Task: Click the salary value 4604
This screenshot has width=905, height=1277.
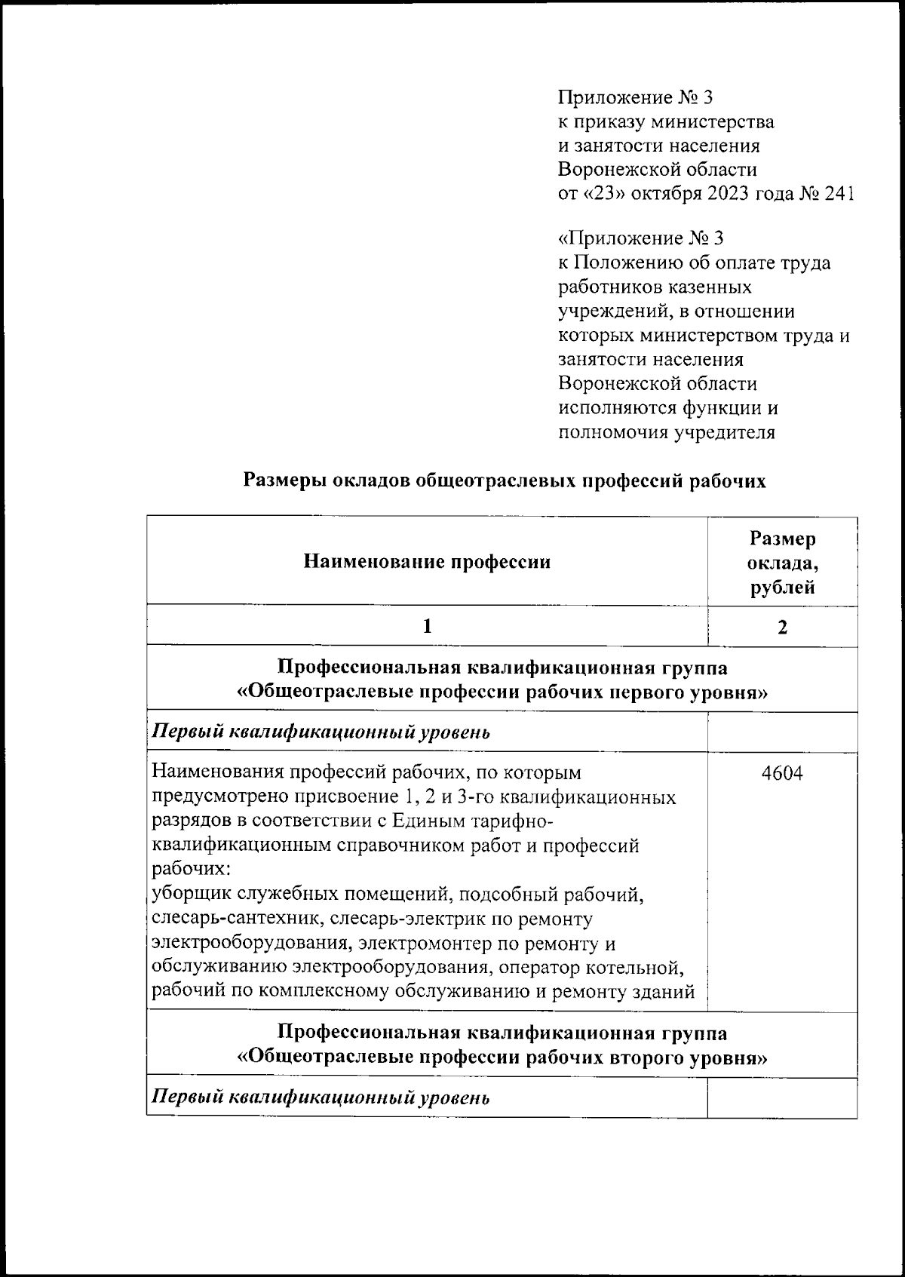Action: point(781,773)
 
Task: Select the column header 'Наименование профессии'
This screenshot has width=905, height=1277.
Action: point(427,562)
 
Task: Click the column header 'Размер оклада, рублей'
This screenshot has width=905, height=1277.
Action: point(782,563)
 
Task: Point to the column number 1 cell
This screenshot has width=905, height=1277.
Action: point(427,626)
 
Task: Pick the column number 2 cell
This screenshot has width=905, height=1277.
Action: point(782,627)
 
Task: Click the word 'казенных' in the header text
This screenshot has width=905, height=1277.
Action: point(707,287)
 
